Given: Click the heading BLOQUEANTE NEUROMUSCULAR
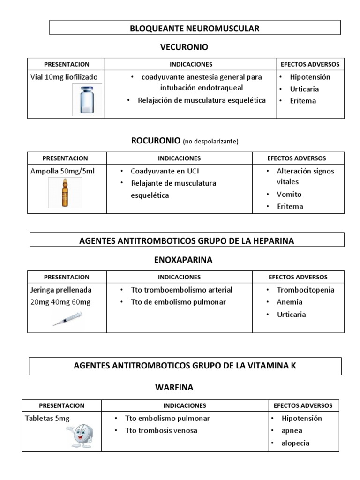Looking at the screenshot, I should [x=195, y=29].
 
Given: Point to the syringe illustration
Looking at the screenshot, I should [x=67, y=319].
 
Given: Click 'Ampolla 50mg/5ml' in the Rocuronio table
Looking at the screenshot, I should [x=62, y=171].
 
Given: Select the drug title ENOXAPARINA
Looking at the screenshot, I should [x=183, y=259].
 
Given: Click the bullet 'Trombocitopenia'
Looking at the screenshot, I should [x=305, y=290].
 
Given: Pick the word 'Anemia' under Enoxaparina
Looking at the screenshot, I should [x=289, y=302].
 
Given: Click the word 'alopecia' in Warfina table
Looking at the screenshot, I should [x=295, y=443].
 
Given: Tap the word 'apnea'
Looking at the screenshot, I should [x=292, y=431].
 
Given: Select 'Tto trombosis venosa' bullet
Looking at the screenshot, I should [x=161, y=430].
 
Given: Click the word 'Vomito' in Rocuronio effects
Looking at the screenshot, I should [x=289, y=194].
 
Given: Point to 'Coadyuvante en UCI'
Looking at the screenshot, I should [x=162, y=171].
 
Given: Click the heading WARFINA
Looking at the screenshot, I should [x=174, y=388].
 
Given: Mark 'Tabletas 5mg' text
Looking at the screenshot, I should [x=47, y=419].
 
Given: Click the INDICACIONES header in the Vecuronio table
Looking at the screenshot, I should [x=191, y=64].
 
